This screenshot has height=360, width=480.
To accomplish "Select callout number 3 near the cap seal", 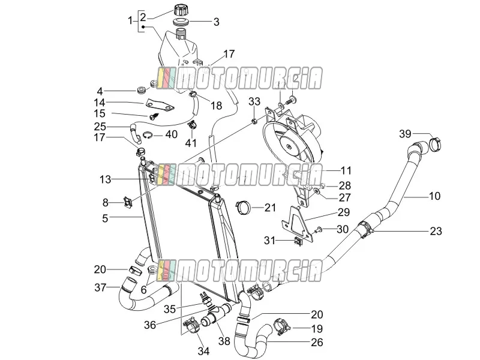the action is point(216,22).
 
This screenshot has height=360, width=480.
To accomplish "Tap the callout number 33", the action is point(254,101).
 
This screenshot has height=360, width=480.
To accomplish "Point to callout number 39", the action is point(405,134).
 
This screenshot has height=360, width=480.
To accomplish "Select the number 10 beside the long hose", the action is point(434,196).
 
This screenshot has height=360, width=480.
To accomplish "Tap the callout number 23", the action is point(436,231).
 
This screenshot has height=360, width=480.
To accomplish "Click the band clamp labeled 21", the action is point(244,208).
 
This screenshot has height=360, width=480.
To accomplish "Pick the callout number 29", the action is point(343,212).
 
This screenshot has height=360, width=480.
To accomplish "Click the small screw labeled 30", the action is point(318,229).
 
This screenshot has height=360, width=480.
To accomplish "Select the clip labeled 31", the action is point(298,241).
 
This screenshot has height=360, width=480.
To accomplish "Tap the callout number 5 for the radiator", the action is point(105,218).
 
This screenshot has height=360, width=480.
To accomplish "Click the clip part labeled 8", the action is point(128,202).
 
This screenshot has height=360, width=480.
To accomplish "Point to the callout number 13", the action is point(105,179).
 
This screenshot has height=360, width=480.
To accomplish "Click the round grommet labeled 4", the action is point(142,91).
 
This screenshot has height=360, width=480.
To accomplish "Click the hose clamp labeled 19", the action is point(281,326).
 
